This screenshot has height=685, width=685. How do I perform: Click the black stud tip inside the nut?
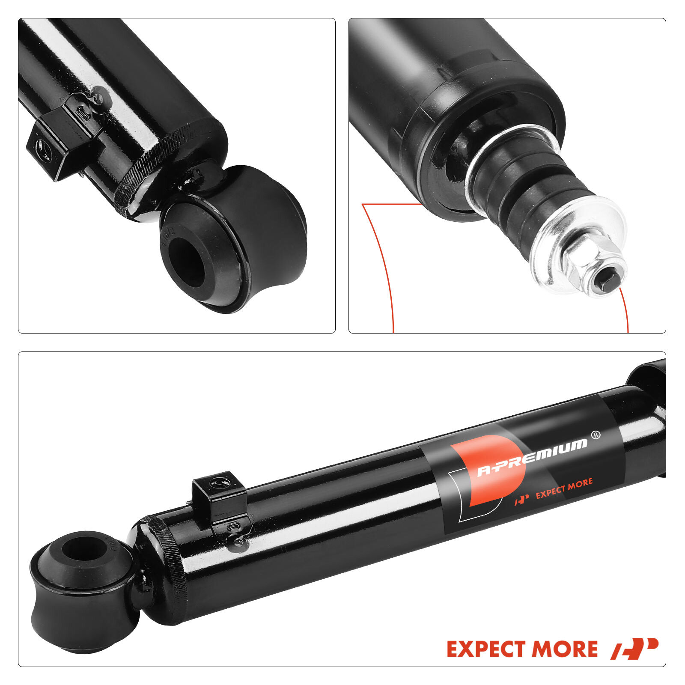coord(607,283)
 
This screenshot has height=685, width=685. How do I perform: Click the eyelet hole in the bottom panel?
coord(83,549)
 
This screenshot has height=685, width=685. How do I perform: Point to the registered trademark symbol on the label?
coord(596,435)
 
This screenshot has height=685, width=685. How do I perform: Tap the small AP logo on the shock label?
coord(521,498)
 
